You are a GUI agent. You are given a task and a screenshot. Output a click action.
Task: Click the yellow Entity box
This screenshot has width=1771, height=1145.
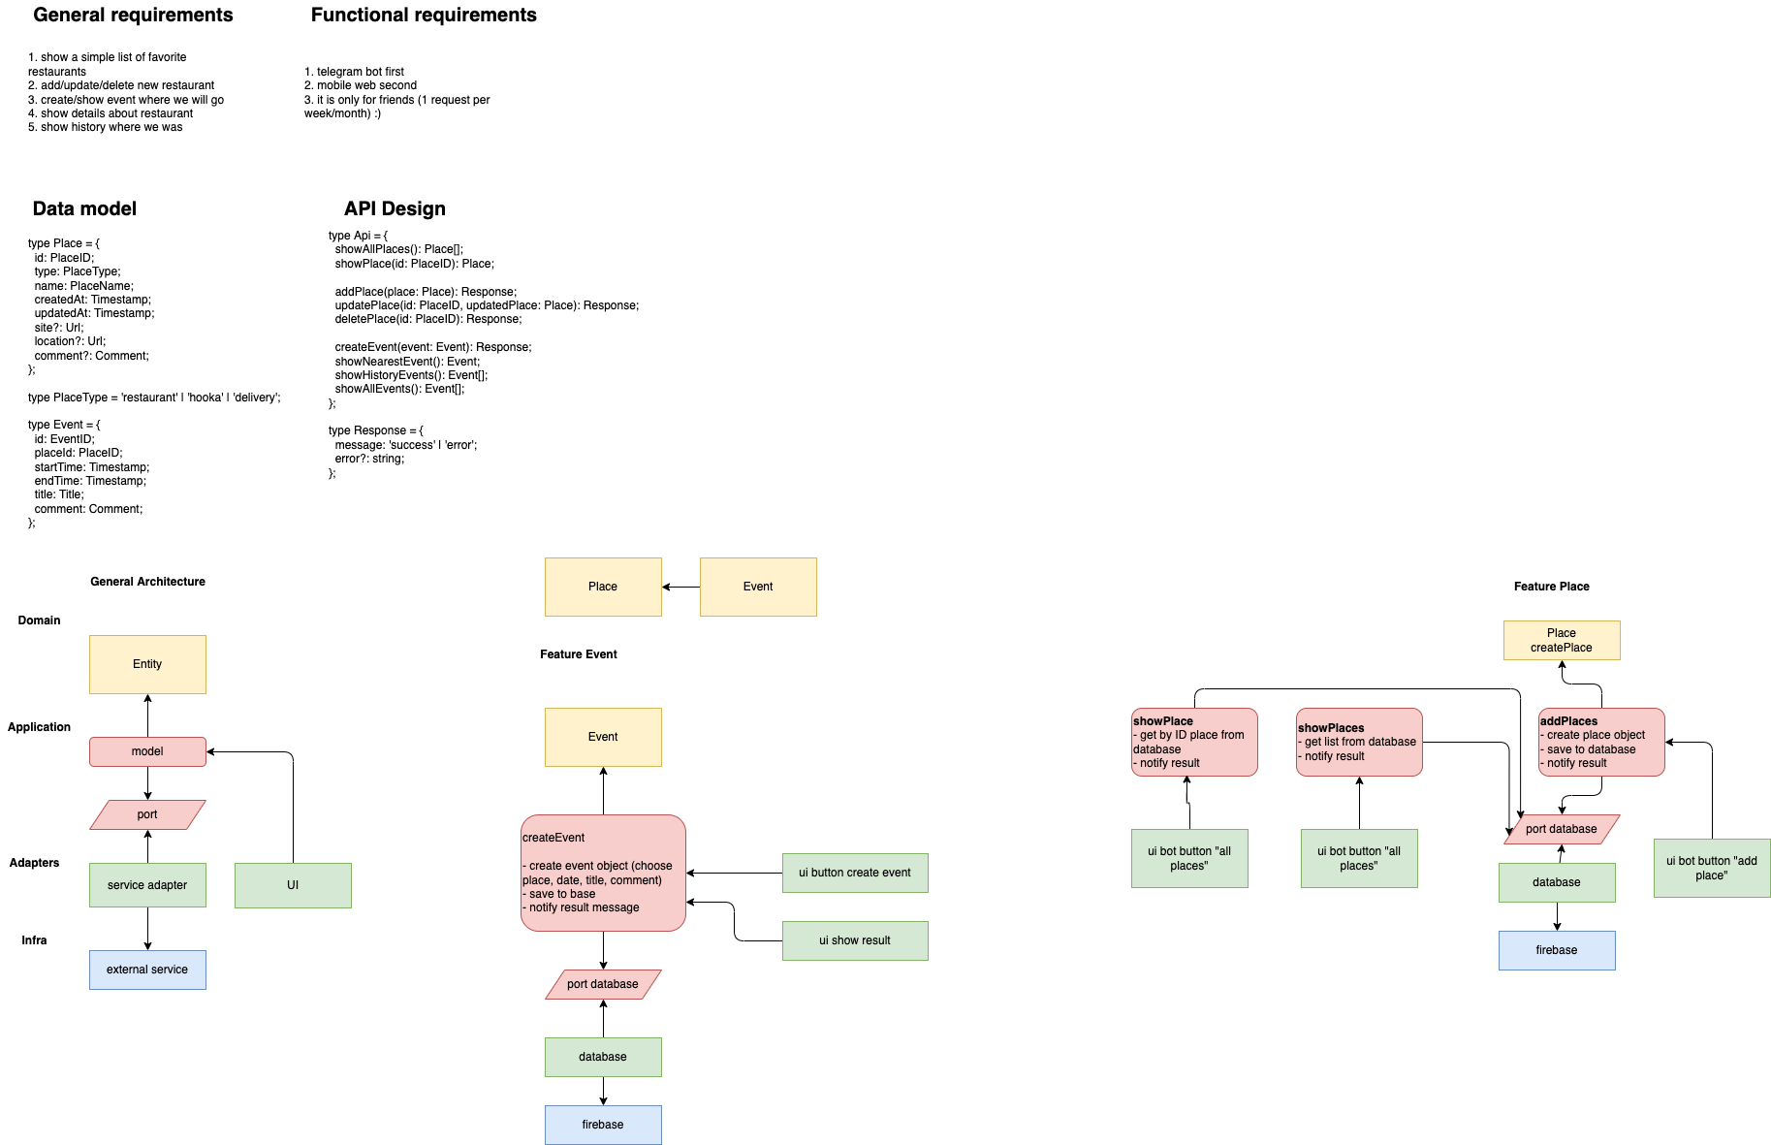tap(147, 664)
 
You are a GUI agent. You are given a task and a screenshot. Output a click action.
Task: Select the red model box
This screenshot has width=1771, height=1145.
tap(147, 751)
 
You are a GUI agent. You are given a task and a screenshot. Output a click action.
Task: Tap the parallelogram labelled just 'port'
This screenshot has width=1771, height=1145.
tap(147, 814)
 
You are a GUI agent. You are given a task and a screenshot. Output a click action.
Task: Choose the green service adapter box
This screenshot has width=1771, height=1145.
tap(147, 885)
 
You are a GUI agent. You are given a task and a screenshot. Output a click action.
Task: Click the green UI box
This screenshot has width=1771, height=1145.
tap(293, 885)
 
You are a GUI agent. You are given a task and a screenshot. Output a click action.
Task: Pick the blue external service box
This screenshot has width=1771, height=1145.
tap(147, 970)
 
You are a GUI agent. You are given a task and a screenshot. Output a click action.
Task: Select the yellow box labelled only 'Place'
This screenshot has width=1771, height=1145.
tap(603, 587)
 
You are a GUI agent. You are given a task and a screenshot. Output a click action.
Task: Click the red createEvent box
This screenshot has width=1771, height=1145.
tap(603, 873)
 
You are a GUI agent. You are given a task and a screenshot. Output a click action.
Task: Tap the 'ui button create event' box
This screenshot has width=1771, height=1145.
tap(855, 873)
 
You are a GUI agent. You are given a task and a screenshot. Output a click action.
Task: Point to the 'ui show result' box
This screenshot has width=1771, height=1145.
tap(855, 940)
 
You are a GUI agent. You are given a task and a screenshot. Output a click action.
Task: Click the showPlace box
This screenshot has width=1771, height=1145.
tap(1194, 742)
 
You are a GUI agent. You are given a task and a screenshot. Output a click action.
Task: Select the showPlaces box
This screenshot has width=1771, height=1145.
tap(1359, 742)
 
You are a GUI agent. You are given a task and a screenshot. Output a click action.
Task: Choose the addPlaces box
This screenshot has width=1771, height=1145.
tap(1601, 742)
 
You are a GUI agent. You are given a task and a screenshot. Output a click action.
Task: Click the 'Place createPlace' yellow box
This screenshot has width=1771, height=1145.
tap(1562, 640)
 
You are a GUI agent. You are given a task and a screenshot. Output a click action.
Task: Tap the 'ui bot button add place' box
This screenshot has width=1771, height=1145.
tap(1712, 868)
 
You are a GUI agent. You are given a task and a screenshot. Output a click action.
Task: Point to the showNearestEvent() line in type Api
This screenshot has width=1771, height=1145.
tap(407, 362)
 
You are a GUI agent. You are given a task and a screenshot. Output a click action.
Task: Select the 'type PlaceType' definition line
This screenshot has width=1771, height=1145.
tap(154, 398)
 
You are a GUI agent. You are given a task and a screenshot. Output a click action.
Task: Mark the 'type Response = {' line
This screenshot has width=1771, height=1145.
tap(376, 430)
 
